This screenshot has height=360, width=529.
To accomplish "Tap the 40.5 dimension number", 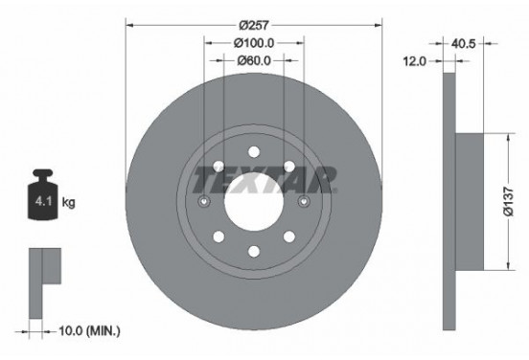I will (467, 41).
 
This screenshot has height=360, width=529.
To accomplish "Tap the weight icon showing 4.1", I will (45, 200).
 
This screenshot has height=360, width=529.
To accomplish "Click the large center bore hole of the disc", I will (254, 202).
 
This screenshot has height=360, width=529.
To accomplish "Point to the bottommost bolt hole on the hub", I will (254, 252).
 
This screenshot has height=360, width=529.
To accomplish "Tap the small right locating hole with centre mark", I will (304, 202).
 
